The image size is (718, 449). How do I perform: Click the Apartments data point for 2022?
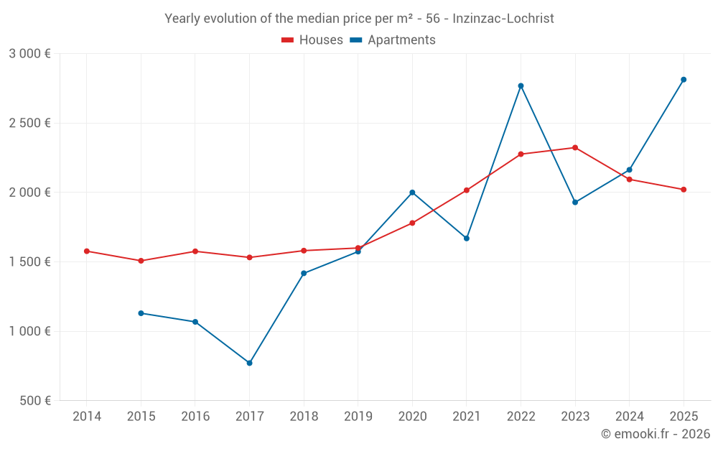pyautogui.click(x=521, y=86)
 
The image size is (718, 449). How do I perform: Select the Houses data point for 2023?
pyautogui.click(x=575, y=148)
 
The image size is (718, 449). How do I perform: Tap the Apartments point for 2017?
pyautogui.click(x=249, y=363)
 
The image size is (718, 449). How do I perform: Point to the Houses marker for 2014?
pyautogui.click(x=86, y=251)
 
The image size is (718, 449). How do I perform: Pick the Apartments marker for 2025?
pyautogui.click(x=684, y=80)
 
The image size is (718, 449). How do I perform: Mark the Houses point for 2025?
pyautogui.click(x=684, y=190)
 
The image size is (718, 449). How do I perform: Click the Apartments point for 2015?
pyautogui.click(x=141, y=313)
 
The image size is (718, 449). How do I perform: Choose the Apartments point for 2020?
pyautogui.click(x=412, y=193)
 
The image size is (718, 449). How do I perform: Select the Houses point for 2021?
pyautogui.click(x=467, y=190)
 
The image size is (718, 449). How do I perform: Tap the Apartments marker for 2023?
pyautogui.click(x=575, y=203)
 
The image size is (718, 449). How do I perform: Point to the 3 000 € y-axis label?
pyautogui.click(x=29, y=54)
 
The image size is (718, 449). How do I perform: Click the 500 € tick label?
pyautogui.click(x=36, y=401)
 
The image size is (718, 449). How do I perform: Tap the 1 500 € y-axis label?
pyautogui.click(x=29, y=262)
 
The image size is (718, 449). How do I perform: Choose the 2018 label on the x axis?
pyautogui.click(x=304, y=417)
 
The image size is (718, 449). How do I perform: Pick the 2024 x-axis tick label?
pyautogui.click(x=630, y=417)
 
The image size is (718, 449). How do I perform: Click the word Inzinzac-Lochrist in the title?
pyautogui.click(x=503, y=19)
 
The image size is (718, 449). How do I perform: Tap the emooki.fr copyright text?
pyautogui.click(x=655, y=434)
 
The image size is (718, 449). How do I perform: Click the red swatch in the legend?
pyautogui.click(x=288, y=40)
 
